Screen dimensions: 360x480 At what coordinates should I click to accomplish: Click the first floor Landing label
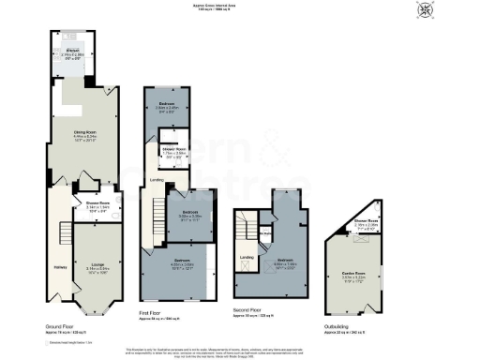[157, 180]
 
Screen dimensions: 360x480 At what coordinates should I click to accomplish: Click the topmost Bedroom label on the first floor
[166, 103]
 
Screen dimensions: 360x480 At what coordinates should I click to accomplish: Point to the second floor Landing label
[247, 257]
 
